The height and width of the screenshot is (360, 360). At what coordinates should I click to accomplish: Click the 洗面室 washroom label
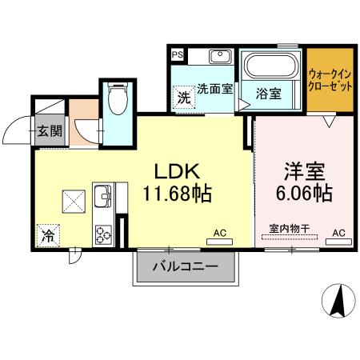tap(214, 90)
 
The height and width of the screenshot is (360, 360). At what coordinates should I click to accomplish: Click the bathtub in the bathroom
tap(270, 66)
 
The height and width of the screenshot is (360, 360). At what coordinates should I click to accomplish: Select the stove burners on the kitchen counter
tap(104, 234)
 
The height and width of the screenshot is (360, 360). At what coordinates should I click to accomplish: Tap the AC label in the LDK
tap(220, 233)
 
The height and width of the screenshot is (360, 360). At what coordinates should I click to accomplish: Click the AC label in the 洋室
tap(338, 233)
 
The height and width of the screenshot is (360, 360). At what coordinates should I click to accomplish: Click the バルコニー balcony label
tap(186, 267)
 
